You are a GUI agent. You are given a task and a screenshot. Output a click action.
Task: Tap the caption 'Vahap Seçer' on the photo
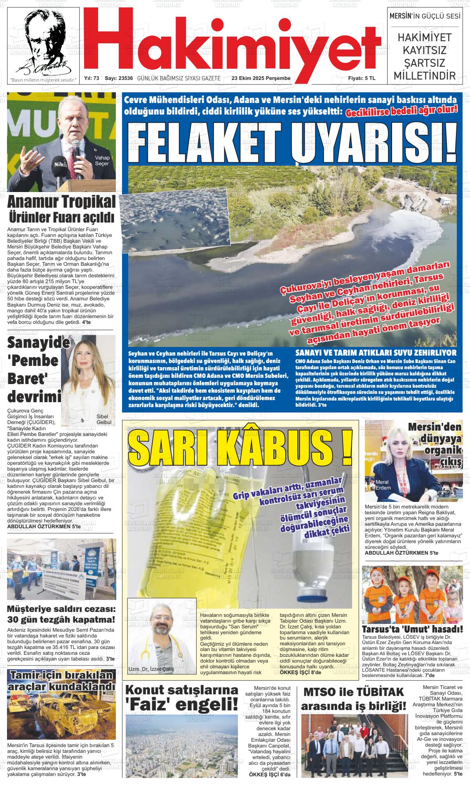coord(102,161)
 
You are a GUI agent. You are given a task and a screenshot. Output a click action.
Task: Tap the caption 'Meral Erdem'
coord(383,485)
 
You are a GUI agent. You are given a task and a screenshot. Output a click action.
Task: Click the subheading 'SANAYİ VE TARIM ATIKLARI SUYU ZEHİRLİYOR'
coord(376,353)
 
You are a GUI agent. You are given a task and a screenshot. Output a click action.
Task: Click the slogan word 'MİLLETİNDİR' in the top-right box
coord(425,76)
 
